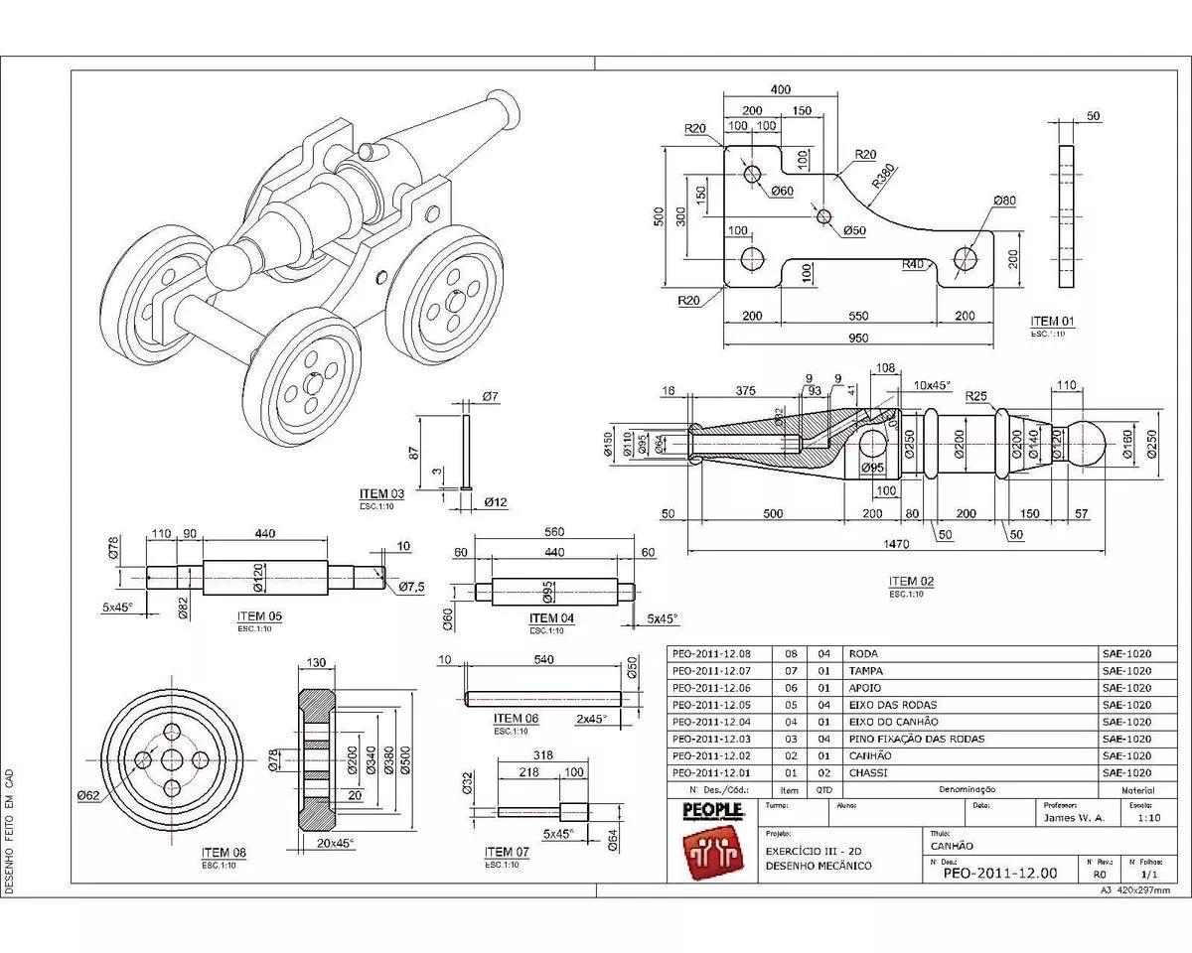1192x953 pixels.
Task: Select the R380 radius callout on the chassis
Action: click(886, 176)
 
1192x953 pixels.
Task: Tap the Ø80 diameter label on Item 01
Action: click(1003, 201)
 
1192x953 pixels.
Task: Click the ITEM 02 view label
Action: click(911, 582)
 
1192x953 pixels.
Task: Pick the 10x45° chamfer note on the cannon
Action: click(932, 384)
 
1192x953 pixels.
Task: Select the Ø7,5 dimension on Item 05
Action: click(411, 588)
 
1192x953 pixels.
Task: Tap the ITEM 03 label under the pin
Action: click(381, 493)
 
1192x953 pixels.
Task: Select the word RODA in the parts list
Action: click(863, 654)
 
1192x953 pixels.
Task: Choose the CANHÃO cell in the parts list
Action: click(870, 755)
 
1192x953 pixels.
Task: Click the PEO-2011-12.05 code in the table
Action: click(711, 705)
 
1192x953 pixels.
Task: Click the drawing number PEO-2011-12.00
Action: click(999, 874)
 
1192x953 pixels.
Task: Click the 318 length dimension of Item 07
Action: click(542, 754)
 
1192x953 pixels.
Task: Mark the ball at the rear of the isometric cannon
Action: click(230, 267)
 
